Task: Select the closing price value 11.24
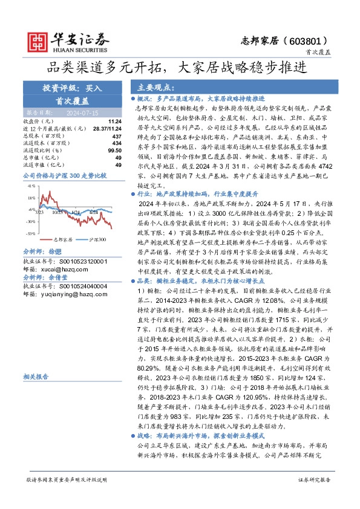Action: pos(115,121)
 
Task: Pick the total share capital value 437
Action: pos(117,136)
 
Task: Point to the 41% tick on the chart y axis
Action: pos(31,186)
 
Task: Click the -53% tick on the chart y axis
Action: pos(30,232)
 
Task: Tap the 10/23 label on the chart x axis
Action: pos(58,212)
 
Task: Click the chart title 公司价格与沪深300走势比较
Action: pos(64,175)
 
